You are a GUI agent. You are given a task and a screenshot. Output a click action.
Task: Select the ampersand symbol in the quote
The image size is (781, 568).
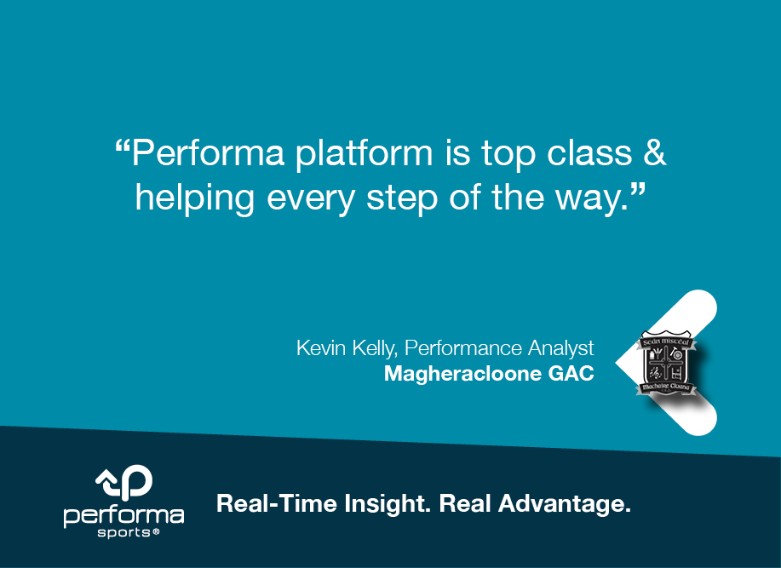pos(653,154)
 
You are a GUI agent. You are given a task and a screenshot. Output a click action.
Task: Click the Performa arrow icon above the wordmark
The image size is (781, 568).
pos(123,483)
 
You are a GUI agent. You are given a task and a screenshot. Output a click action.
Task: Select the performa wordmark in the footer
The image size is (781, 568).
pos(123,516)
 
